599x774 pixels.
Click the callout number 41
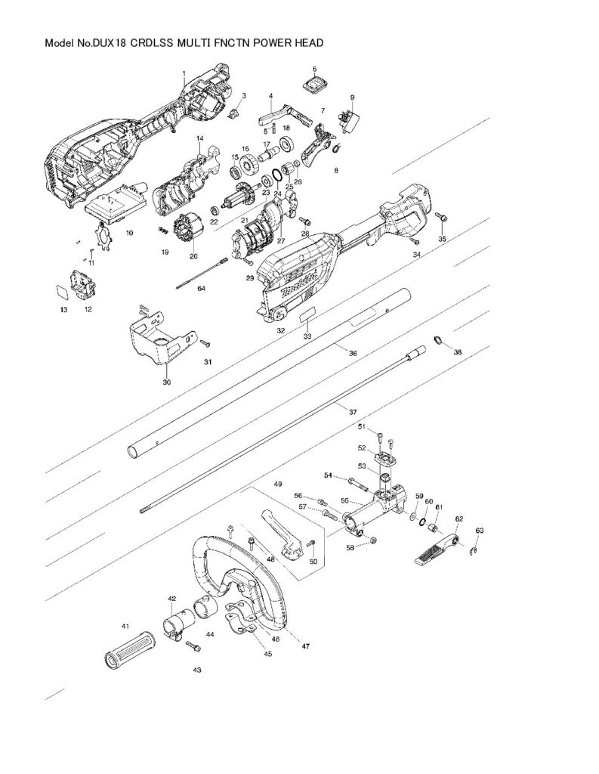pos(126,627)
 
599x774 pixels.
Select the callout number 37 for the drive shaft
pos(352,411)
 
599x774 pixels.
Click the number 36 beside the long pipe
pos(352,353)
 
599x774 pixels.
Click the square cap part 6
pos(314,84)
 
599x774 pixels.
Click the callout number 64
pos(201,289)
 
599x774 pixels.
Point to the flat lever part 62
pos(434,550)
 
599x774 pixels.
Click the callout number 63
pos(479,531)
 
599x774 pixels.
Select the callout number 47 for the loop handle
pos(306,646)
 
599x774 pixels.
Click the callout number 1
pos(184,73)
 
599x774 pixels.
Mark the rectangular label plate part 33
pos(307,316)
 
